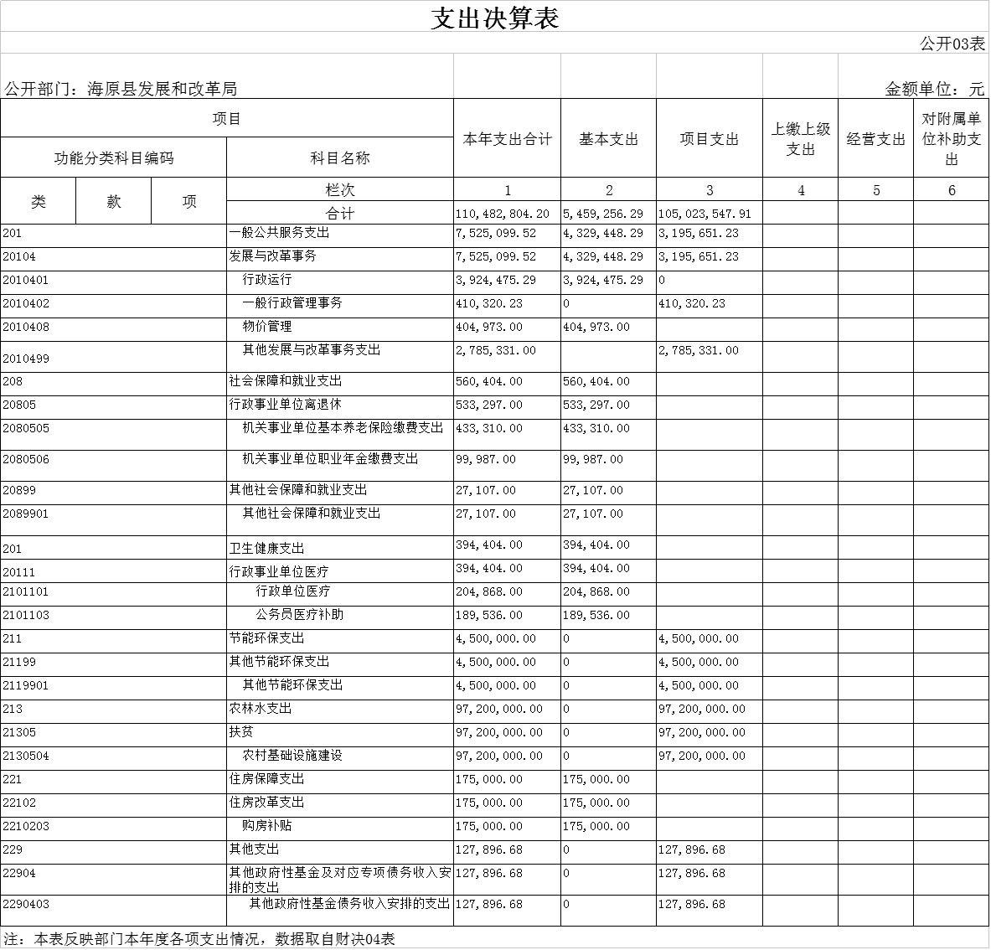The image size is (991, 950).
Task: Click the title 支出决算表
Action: (x=494, y=18)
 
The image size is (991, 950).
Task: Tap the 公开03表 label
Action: (x=952, y=44)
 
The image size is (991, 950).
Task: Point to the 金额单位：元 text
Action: (x=934, y=89)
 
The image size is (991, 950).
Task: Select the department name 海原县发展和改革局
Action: (x=162, y=89)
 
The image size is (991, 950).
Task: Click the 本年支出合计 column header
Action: (x=507, y=139)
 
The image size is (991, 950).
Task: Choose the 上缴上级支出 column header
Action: (x=800, y=139)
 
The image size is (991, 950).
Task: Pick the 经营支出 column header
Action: (x=875, y=139)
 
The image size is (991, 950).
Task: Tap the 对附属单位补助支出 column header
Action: (x=951, y=139)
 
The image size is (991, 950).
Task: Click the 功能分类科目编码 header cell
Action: (x=113, y=158)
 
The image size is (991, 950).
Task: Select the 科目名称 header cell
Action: (x=339, y=158)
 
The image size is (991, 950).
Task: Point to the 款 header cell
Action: (x=114, y=202)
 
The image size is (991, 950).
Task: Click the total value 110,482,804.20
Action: (x=503, y=214)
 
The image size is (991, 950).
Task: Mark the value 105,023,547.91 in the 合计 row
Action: (x=705, y=214)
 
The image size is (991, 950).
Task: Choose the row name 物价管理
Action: (x=267, y=327)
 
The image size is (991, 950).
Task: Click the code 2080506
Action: (x=26, y=460)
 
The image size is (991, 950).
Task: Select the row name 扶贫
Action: (x=241, y=732)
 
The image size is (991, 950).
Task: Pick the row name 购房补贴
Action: (x=267, y=826)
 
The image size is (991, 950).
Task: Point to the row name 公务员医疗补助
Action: (x=299, y=615)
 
